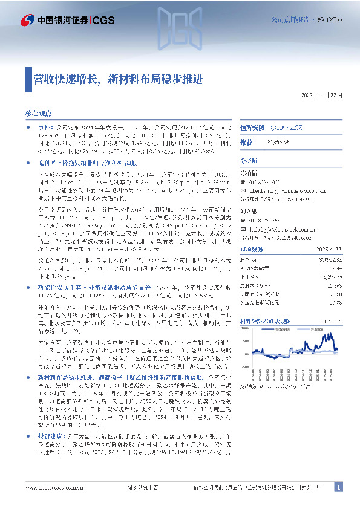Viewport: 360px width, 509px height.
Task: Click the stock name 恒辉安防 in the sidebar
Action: pos(253,130)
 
